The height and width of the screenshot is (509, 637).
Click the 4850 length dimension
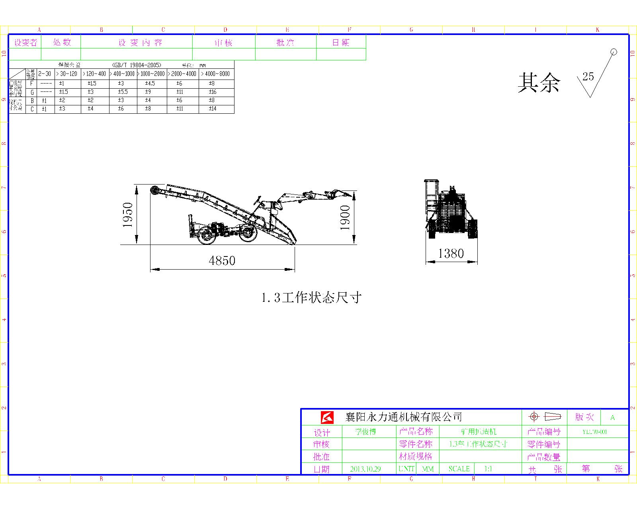222,261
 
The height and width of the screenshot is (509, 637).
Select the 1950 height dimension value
128,215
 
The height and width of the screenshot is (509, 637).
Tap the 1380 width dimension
451,253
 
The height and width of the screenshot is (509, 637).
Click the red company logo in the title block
327,417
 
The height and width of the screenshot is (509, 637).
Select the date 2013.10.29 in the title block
365,469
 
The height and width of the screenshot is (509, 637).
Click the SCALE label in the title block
459,469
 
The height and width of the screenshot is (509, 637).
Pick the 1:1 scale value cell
488,469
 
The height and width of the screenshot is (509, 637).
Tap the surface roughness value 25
588,77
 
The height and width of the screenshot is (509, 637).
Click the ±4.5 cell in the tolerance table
150,84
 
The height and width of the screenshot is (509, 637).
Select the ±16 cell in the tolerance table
213,92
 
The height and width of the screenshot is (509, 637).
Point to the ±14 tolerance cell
213,109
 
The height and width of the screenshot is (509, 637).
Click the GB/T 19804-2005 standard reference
137,65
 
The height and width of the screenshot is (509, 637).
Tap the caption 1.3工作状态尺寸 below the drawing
311,297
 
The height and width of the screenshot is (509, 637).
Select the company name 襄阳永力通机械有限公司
403,417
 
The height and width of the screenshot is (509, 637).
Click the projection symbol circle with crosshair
534,417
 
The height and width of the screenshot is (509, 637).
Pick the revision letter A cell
612,418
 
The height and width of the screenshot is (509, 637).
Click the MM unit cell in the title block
428,469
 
